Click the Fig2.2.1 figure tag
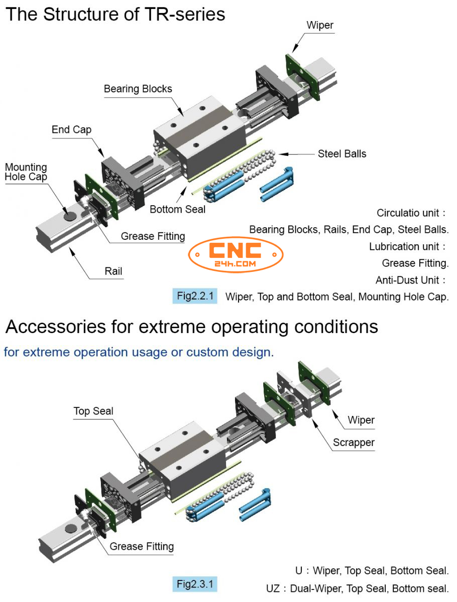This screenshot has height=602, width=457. point(195,295)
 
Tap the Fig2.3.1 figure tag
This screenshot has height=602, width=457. point(195,584)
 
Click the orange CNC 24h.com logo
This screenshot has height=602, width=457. point(236,254)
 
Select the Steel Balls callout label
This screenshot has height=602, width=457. point(341,154)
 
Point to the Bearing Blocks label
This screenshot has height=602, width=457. point(138,89)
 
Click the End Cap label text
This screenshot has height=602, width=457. point(71,129)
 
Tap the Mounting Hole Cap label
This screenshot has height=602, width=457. point(26,172)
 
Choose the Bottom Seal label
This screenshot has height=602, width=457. point(177,209)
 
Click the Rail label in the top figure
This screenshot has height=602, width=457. point(113,271)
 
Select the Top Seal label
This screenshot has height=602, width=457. point(93,411)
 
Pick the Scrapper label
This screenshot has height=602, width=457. point(354,442)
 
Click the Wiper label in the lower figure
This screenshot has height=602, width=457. point(361,420)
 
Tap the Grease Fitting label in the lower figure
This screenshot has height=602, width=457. point(142,546)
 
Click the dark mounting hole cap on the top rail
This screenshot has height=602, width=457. point(70,216)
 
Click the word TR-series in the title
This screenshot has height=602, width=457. point(184,14)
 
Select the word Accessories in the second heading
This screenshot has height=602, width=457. point(55,327)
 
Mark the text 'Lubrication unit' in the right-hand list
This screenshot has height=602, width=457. point(404,246)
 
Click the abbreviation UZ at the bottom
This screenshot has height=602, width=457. point(273,588)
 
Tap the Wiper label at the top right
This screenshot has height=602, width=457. point(320,25)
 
